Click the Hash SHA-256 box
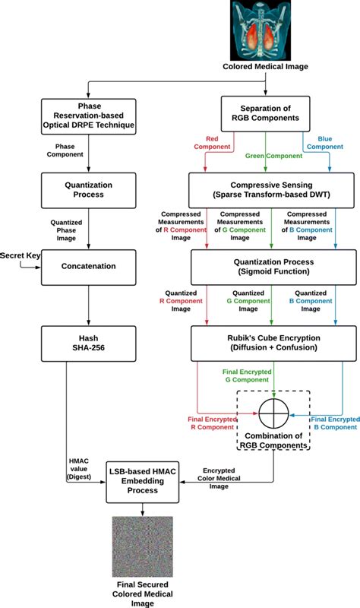click(88, 344)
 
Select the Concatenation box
click(88, 268)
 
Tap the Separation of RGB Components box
click(266, 113)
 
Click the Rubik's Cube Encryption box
click(273, 344)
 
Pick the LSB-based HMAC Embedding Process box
click(143, 481)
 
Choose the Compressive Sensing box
click(271, 190)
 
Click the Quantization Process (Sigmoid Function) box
click(273, 268)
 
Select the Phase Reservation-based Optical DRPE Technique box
click(88, 116)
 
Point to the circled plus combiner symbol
click(274, 413)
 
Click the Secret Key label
click(21, 255)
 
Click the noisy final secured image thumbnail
click(143, 546)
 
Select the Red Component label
click(212, 143)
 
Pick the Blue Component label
click(325, 143)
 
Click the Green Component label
click(273, 156)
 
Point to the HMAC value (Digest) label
click(79, 469)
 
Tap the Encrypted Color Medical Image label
click(219, 479)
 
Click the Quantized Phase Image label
click(66, 230)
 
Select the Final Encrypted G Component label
click(247, 375)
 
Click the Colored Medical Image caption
click(266, 67)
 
